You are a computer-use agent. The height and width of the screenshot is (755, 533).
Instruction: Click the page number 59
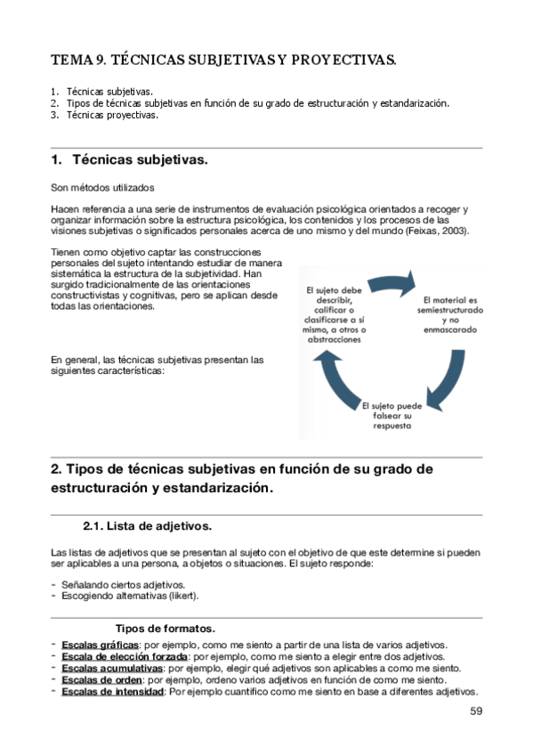click(x=475, y=710)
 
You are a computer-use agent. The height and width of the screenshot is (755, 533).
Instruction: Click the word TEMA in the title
click(x=69, y=61)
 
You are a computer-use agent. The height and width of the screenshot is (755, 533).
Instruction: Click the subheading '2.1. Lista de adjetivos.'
click(x=146, y=525)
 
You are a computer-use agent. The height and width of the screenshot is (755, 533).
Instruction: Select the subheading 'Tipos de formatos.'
click(x=165, y=627)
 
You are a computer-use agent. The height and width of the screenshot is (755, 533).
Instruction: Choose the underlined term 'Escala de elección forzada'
click(x=125, y=656)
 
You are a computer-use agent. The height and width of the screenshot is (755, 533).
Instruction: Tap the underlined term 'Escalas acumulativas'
click(x=112, y=668)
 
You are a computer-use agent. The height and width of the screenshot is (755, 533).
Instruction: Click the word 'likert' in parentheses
click(x=182, y=596)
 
